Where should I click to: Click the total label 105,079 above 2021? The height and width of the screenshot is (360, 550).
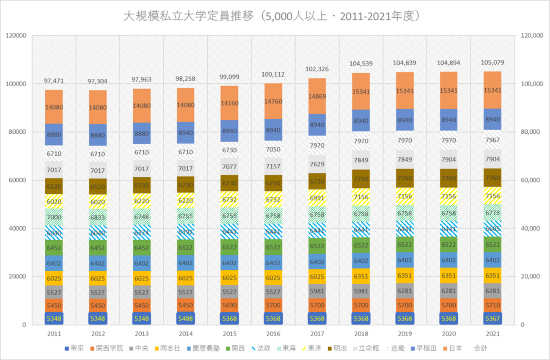tap(492, 63)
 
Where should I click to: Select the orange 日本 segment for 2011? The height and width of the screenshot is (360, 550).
tap(54, 107)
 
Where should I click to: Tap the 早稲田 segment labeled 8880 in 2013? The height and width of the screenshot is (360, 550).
tap(141, 133)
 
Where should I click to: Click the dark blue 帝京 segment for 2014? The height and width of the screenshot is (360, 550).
tap(185, 318)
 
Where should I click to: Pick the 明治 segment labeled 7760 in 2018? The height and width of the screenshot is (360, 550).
tap(361, 179)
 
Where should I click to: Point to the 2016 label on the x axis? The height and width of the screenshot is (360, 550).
tap(273, 334)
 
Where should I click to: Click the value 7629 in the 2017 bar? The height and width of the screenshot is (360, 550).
tap(317, 164)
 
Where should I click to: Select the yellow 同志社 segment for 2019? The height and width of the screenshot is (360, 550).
tap(404, 275)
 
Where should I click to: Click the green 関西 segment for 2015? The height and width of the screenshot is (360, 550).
tap(229, 247)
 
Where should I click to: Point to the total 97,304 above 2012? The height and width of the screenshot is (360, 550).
tap(98, 81)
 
